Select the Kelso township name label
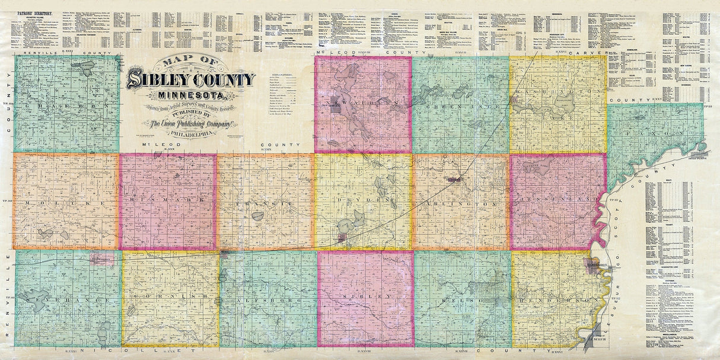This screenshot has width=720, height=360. [463, 301]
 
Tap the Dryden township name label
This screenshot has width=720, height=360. [362, 202]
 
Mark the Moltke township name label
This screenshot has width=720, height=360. [65, 203]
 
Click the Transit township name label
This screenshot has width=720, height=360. [265, 203]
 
